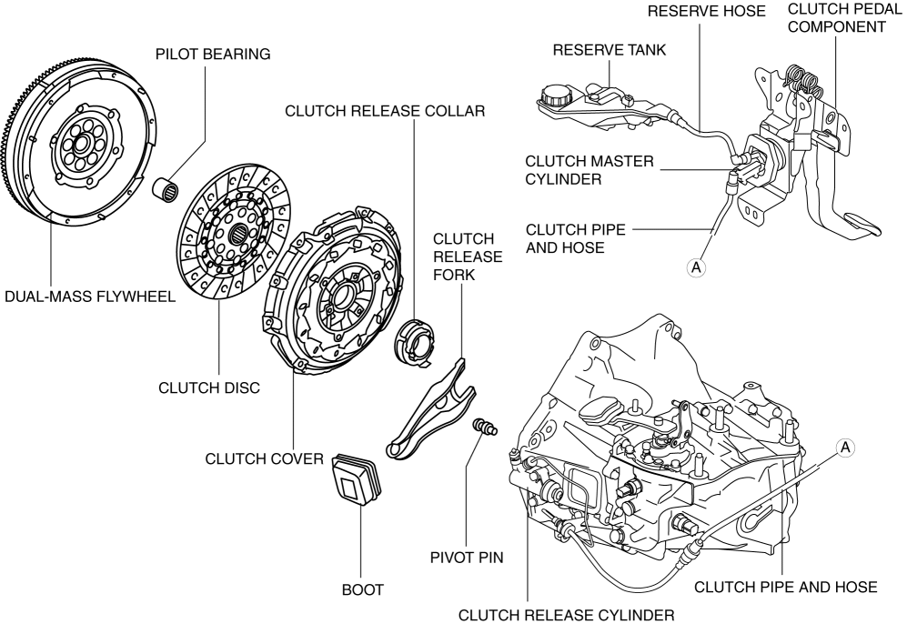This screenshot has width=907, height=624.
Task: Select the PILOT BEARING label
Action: click(x=214, y=55)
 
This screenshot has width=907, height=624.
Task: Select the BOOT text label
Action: click(x=362, y=590)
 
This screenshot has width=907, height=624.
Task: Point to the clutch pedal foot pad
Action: click(x=865, y=224)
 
